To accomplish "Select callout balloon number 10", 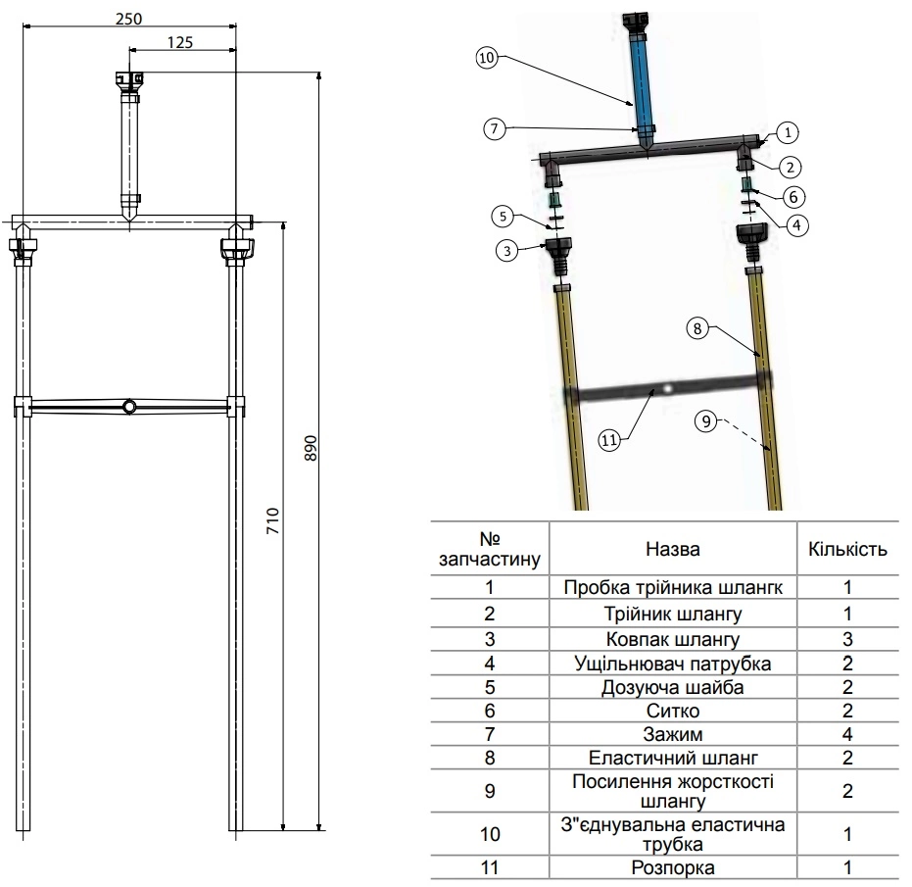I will [x=488, y=58].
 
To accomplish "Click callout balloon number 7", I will [x=496, y=127].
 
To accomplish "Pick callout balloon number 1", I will [x=790, y=131].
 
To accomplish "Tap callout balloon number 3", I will [x=506, y=251].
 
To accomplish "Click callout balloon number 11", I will [x=609, y=440].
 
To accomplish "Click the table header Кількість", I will [x=847, y=549].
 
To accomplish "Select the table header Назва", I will [x=672, y=549].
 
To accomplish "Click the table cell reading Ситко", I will [x=672, y=711].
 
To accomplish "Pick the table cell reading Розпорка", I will [x=672, y=867].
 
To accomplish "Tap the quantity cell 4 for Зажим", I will [x=847, y=734].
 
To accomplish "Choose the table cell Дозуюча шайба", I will [x=672, y=687].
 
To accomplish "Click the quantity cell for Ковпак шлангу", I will [x=847, y=639].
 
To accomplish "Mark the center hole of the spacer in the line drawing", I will [x=129, y=407].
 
